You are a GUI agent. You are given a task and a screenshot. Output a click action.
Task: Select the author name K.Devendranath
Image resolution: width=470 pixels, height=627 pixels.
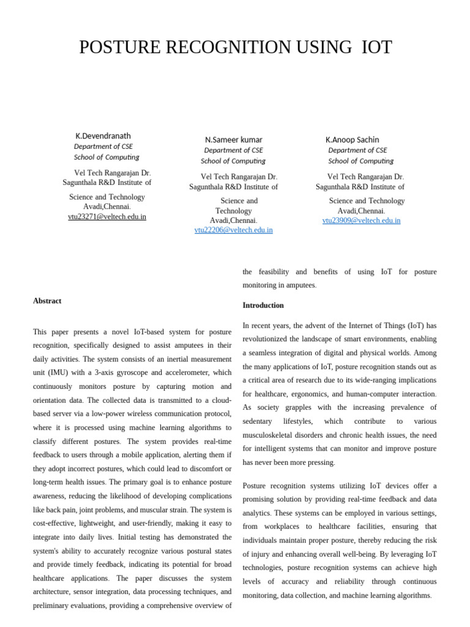[103, 136]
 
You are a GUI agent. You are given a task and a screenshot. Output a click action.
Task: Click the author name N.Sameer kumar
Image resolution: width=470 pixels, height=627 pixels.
[233, 140]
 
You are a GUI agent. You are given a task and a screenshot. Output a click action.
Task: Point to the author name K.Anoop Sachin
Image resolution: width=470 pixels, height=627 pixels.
[352, 140]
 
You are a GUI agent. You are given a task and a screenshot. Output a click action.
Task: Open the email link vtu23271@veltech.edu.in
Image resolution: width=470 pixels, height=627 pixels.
[107, 217]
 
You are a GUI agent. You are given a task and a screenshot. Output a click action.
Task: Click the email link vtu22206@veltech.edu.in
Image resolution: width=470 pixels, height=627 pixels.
[233, 230]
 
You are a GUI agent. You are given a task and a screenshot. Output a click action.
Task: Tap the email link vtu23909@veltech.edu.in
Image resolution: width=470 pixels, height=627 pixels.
[361, 220]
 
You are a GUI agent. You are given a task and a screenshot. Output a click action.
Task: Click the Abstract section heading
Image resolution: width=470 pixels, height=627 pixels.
[47, 301]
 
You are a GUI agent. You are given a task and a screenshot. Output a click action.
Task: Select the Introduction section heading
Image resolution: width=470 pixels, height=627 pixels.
[263, 305]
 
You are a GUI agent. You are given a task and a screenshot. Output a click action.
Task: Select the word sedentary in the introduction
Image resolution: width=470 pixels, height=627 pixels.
[258, 421]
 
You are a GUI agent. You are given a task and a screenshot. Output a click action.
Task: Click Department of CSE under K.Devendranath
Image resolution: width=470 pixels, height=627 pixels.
[103, 146]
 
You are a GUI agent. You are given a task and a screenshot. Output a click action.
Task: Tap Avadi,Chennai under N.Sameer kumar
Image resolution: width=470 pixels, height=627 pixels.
[233, 220]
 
